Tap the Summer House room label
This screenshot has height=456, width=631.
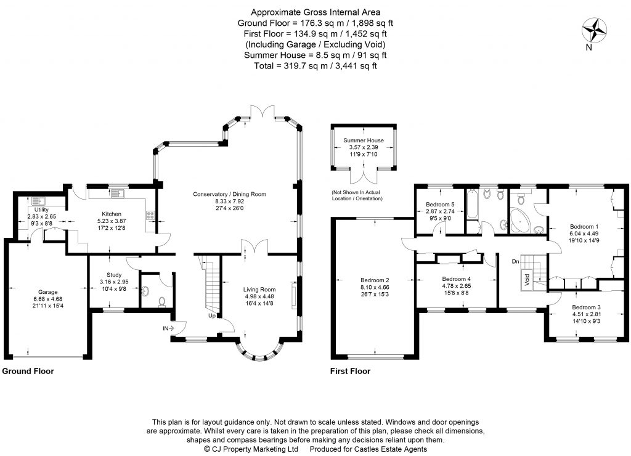tap(363, 140)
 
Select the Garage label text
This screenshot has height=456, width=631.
tap(47, 292)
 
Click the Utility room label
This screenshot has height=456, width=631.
tap(41, 210)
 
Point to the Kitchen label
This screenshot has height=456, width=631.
tap(112, 214)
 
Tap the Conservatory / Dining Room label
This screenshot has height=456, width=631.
tap(229, 194)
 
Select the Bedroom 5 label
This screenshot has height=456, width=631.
tap(440, 205)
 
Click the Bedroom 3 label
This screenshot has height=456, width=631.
tap(585, 307)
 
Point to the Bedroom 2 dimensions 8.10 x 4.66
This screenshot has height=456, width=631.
tap(375, 287)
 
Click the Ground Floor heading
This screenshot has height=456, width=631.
tap(28, 372)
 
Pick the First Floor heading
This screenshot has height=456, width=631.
tap(350, 372)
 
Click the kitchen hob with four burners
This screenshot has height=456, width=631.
tap(150, 215)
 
